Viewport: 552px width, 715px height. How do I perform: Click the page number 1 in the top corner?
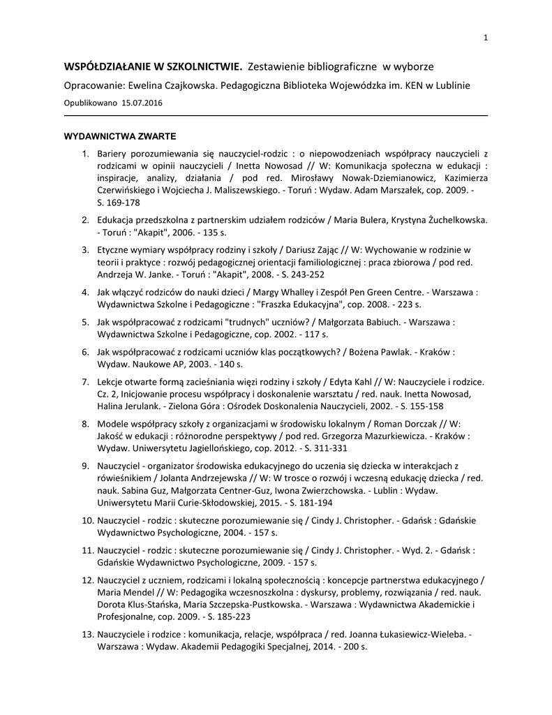(484, 38)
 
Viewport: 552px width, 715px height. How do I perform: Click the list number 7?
(85, 382)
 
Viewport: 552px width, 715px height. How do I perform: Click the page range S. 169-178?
(119, 203)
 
